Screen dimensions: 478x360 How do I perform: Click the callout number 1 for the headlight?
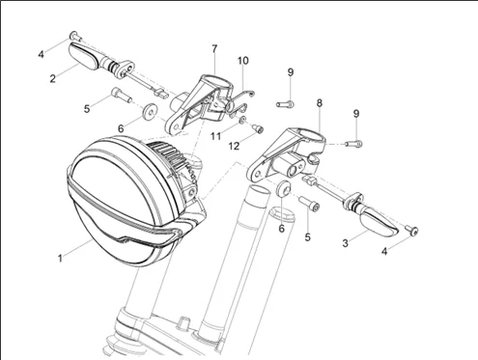pyautogui.click(x=60, y=258)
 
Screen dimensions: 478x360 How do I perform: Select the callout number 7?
pyautogui.click(x=214, y=48)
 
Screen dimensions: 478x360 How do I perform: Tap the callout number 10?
pyautogui.click(x=243, y=61)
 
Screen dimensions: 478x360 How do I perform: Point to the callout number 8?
pyautogui.click(x=319, y=103)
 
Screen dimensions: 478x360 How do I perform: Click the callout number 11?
pyautogui.click(x=215, y=136)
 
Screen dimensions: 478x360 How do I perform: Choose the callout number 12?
pyautogui.click(x=234, y=146)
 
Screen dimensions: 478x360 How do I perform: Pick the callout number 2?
pyautogui.click(x=52, y=78)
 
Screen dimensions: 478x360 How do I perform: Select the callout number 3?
pyautogui.click(x=345, y=243)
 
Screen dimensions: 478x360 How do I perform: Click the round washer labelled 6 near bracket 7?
pyautogui.click(x=150, y=111)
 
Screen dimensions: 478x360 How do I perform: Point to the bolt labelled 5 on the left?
pyautogui.click(x=122, y=95)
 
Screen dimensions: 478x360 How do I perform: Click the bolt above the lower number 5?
pyautogui.click(x=309, y=204)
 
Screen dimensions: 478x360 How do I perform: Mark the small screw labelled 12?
pyautogui.click(x=258, y=128)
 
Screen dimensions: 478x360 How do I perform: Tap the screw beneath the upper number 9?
pyautogui.click(x=285, y=104)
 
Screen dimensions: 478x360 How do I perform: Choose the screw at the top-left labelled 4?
pyautogui.click(x=75, y=36)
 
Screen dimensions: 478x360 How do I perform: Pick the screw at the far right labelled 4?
pyautogui.click(x=411, y=230)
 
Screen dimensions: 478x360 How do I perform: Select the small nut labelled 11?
pyautogui.click(x=242, y=120)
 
